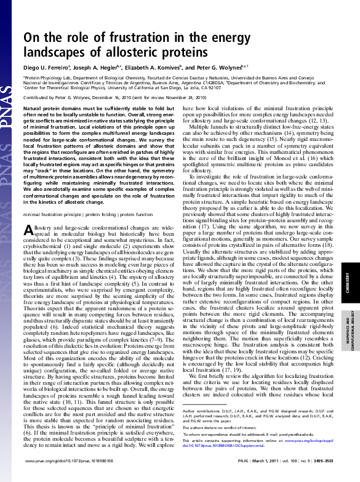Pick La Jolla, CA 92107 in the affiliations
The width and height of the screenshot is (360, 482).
click(x=204, y=87)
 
